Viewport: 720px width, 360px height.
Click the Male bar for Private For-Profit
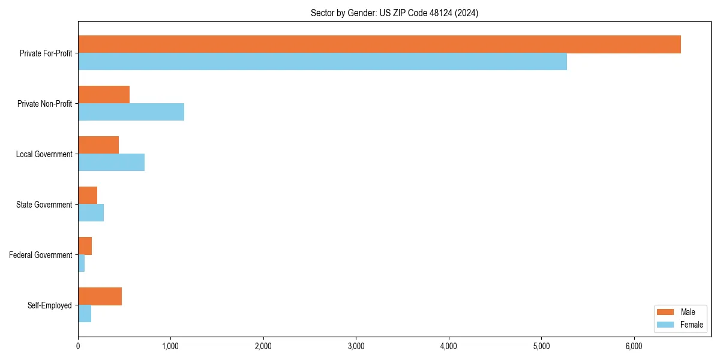click(379, 44)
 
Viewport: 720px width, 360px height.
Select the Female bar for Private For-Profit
click(322, 62)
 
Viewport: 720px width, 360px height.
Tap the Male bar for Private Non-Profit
click(104, 95)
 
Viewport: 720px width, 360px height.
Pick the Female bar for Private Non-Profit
click(131, 112)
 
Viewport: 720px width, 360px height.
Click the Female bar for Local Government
click(111, 163)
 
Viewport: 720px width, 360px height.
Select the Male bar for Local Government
click(98, 145)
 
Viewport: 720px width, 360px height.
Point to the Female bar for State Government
click(91, 213)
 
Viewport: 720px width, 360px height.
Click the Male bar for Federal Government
click(85, 246)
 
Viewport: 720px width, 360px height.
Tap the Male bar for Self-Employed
click(100, 296)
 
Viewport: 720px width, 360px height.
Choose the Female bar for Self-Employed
click(85, 314)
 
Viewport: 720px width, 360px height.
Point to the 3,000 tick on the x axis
click(356, 346)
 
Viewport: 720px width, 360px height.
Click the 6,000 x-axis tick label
click(634, 346)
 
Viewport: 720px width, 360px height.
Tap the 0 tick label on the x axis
click(78, 346)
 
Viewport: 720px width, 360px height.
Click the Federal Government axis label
click(41, 255)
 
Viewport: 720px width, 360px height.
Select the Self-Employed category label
click(50, 305)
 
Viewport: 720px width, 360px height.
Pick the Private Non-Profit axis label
click(44, 104)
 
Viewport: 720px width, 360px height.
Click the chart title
click(394, 13)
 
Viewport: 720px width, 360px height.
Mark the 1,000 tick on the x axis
click(170, 346)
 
